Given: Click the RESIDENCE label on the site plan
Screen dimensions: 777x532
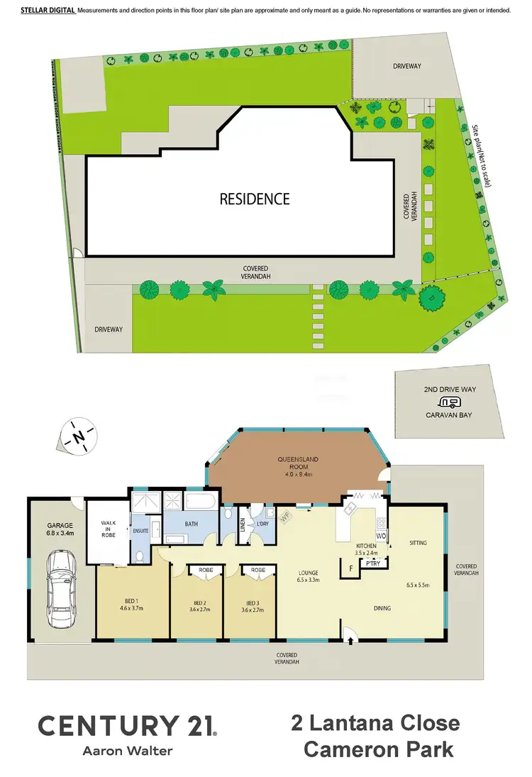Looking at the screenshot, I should (x=255, y=199).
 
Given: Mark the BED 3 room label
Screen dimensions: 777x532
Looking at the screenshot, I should (x=253, y=605).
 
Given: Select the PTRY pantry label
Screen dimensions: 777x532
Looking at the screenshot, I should (x=372, y=564).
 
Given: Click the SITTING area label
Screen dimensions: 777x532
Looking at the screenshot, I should (x=419, y=543).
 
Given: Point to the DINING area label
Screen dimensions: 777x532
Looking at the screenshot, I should (x=382, y=608).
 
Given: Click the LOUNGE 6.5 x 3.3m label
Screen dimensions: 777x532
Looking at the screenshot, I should (x=308, y=576).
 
